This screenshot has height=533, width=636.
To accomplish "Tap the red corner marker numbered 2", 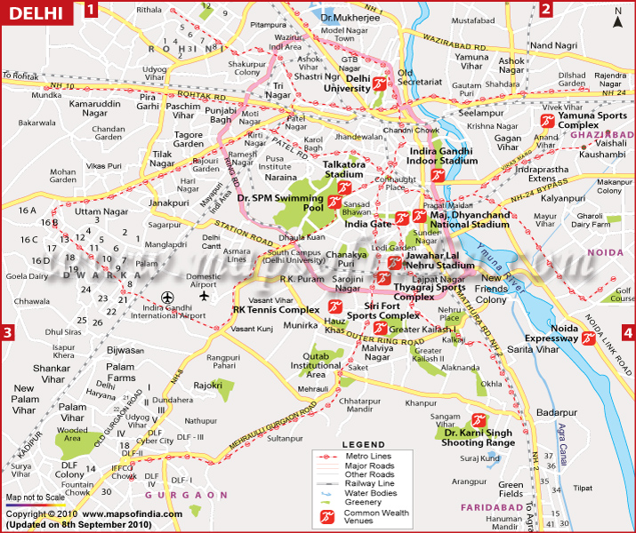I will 546,10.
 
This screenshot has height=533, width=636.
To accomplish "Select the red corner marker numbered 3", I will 8,334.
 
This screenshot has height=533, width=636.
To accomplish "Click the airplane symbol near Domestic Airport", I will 205,296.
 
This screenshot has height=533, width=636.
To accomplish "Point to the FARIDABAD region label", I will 489,506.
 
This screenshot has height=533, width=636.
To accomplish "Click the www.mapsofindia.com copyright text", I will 133,513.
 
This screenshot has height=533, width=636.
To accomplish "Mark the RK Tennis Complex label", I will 276,310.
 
